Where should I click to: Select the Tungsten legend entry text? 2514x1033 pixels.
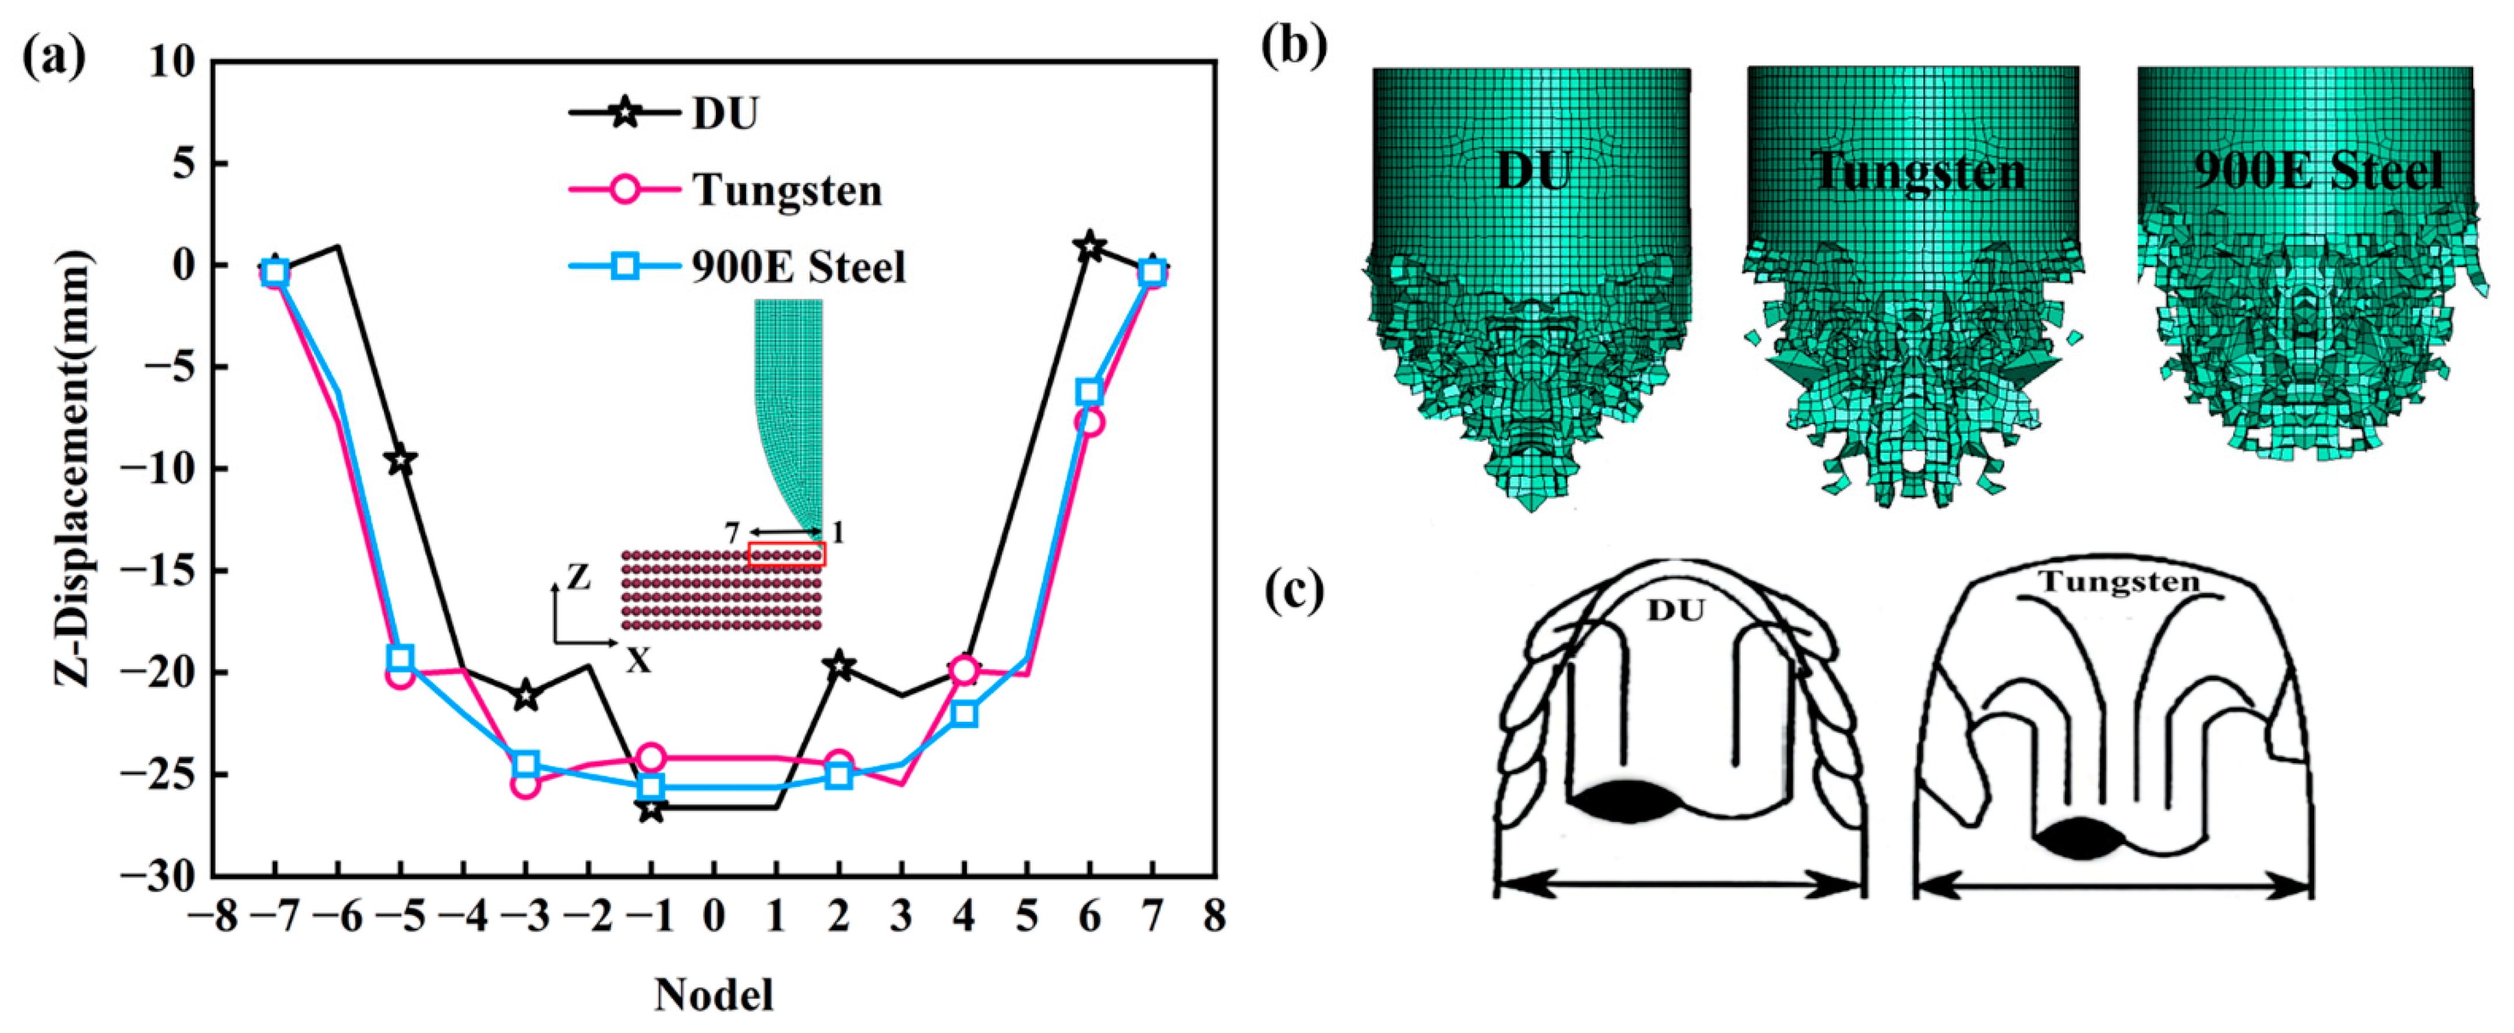(786, 189)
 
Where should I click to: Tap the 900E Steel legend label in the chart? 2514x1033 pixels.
(799, 266)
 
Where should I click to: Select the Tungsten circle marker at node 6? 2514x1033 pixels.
(1090, 422)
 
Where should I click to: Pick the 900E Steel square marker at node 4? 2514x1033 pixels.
(964, 714)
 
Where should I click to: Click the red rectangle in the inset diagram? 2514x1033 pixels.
(786, 554)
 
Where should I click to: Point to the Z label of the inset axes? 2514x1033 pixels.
(579, 578)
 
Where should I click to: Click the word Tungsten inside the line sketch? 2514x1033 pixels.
(2118, 583)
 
